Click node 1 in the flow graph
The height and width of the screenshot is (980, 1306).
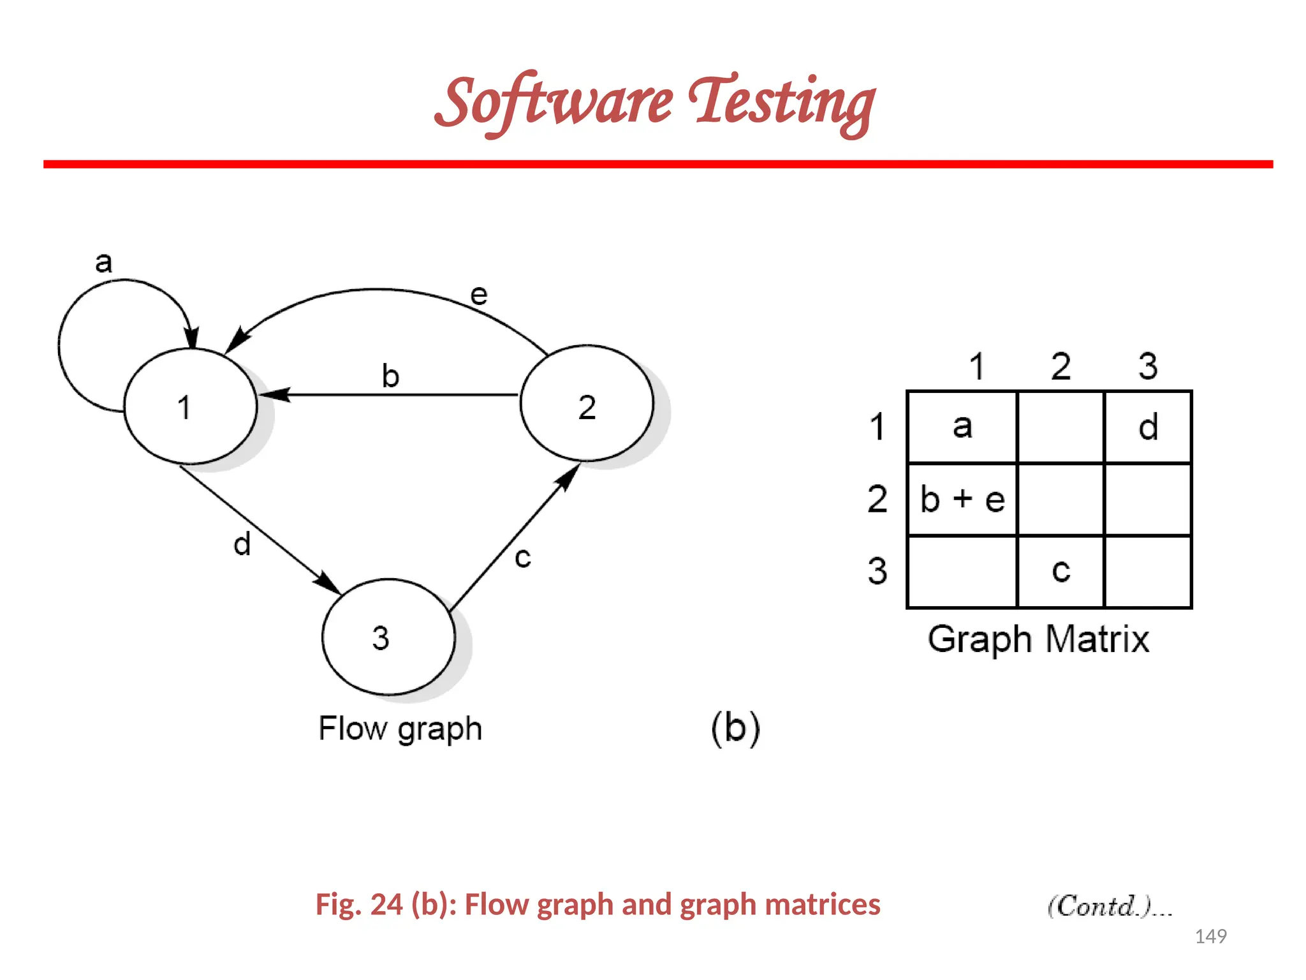(x=190, y=406)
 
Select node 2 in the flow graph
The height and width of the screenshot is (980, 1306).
(x=587, y=403)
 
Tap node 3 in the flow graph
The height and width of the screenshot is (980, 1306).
(x=388, y=637)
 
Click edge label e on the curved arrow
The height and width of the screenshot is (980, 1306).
(x=479, y=295)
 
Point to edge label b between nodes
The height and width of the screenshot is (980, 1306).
(x=390, y=375)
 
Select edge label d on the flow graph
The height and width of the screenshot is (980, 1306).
(x=242, y=544)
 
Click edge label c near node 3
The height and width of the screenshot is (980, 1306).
(x=523, y=557)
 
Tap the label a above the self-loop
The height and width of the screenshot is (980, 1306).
(x=103, y=262)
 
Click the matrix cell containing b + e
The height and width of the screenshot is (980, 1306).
(x=962, y=499)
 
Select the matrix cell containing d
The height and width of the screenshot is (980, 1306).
(x=1148, y=427)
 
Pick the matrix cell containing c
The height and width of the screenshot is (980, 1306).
(x=1060, y=570)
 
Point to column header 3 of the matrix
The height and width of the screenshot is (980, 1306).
(x=1148, y=366)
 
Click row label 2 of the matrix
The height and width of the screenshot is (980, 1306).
(x=877, y=499)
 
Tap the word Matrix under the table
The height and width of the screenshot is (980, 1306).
(x=1097, y=639)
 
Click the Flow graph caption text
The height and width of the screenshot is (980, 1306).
(x=400, y=728)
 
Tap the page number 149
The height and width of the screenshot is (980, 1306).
(x=1210, y=936)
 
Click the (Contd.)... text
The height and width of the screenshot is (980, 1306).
(x=1110, y=906)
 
